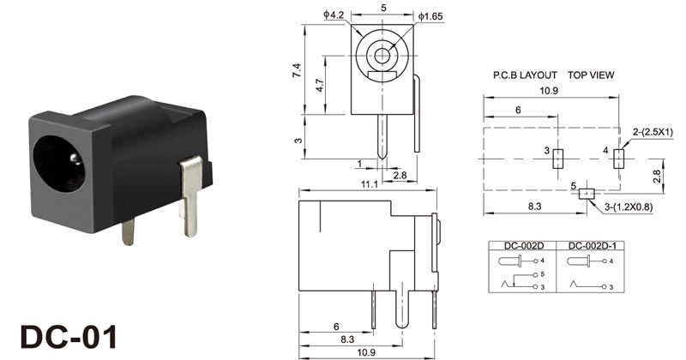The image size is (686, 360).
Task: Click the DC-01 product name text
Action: coord(69,336)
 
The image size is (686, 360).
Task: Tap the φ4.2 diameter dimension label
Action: coord(334,15)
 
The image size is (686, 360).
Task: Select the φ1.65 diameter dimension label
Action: coord(430,16)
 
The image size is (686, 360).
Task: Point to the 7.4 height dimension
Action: coord(297,71)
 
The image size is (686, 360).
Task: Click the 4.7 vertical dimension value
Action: coord(319,85)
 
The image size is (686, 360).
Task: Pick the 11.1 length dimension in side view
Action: coord(370,184)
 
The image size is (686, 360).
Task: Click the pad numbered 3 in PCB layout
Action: coord(557,159)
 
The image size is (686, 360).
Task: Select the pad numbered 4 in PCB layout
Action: coord(618,159)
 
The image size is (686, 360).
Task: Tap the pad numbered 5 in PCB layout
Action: coord(587,194)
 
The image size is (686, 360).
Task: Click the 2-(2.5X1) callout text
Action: coord(653,133)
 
